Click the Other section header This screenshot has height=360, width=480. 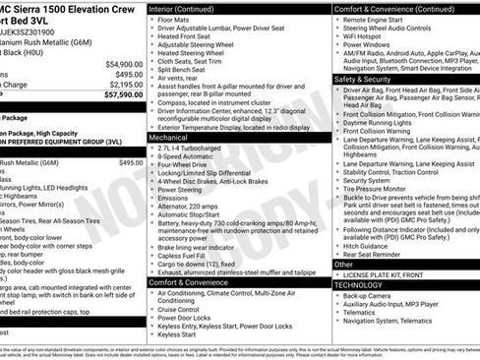click(x=343, y=264)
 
